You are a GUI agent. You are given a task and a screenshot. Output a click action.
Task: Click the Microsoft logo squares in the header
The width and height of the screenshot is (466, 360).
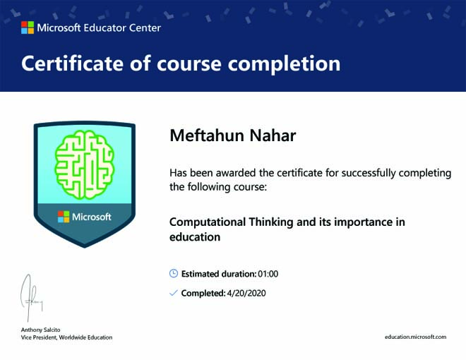[28, 28]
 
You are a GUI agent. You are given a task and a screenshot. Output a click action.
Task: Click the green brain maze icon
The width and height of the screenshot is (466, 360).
[84, 164]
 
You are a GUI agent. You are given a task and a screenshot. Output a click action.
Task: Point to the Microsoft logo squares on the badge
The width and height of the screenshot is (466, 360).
[64, 217]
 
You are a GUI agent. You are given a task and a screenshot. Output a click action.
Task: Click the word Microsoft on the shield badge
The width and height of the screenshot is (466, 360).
[92, 217]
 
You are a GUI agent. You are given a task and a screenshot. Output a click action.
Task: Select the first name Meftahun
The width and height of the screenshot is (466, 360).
[207, 136]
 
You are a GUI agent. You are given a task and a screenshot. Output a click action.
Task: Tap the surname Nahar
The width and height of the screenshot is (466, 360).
[273, 136]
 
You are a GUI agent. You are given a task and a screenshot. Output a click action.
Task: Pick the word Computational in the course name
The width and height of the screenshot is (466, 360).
[208, 222]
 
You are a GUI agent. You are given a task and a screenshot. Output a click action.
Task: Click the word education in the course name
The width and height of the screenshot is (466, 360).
[195, 237]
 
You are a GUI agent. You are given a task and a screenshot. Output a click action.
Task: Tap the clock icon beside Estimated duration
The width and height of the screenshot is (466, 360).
[174, 273]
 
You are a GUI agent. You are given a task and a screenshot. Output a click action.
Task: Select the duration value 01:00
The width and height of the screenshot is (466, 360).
[268, 274]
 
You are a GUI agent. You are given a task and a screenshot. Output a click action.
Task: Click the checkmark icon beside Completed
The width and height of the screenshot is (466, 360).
[173, 293]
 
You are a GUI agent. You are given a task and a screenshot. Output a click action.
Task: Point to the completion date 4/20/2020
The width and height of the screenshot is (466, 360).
[246, 293]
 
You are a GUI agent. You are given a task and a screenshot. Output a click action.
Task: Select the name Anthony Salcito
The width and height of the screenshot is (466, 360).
[40, 330]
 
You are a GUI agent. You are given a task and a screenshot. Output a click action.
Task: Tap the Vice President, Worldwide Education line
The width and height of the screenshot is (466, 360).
[66, 337]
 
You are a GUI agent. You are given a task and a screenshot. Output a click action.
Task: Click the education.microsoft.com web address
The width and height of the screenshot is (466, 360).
[415, 337]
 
